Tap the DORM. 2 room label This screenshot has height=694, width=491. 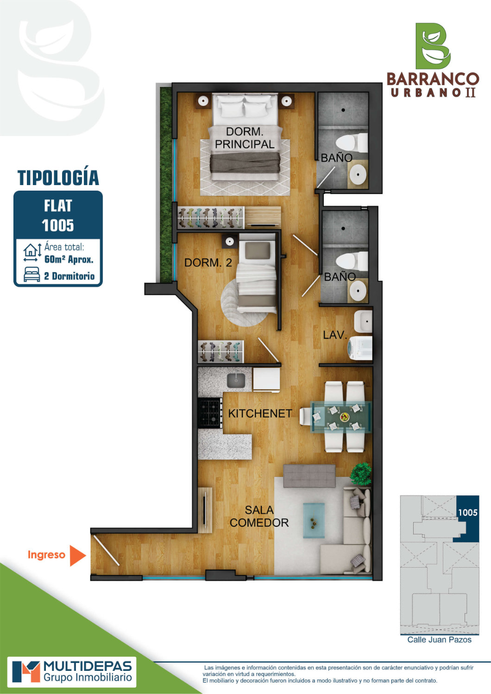208,263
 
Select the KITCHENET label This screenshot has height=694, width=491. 260,413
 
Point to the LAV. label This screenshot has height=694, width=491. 335,335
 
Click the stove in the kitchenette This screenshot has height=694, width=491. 210,413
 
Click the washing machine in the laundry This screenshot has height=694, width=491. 360,348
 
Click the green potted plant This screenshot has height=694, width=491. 361,473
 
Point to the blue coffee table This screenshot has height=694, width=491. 314,521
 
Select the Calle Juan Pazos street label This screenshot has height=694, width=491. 439,639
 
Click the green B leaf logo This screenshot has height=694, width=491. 433,46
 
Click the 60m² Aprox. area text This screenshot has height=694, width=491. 69,259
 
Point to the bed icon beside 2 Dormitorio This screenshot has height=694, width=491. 32,274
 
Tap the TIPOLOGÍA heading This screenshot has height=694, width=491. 58,178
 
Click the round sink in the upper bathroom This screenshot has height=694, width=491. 358,174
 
